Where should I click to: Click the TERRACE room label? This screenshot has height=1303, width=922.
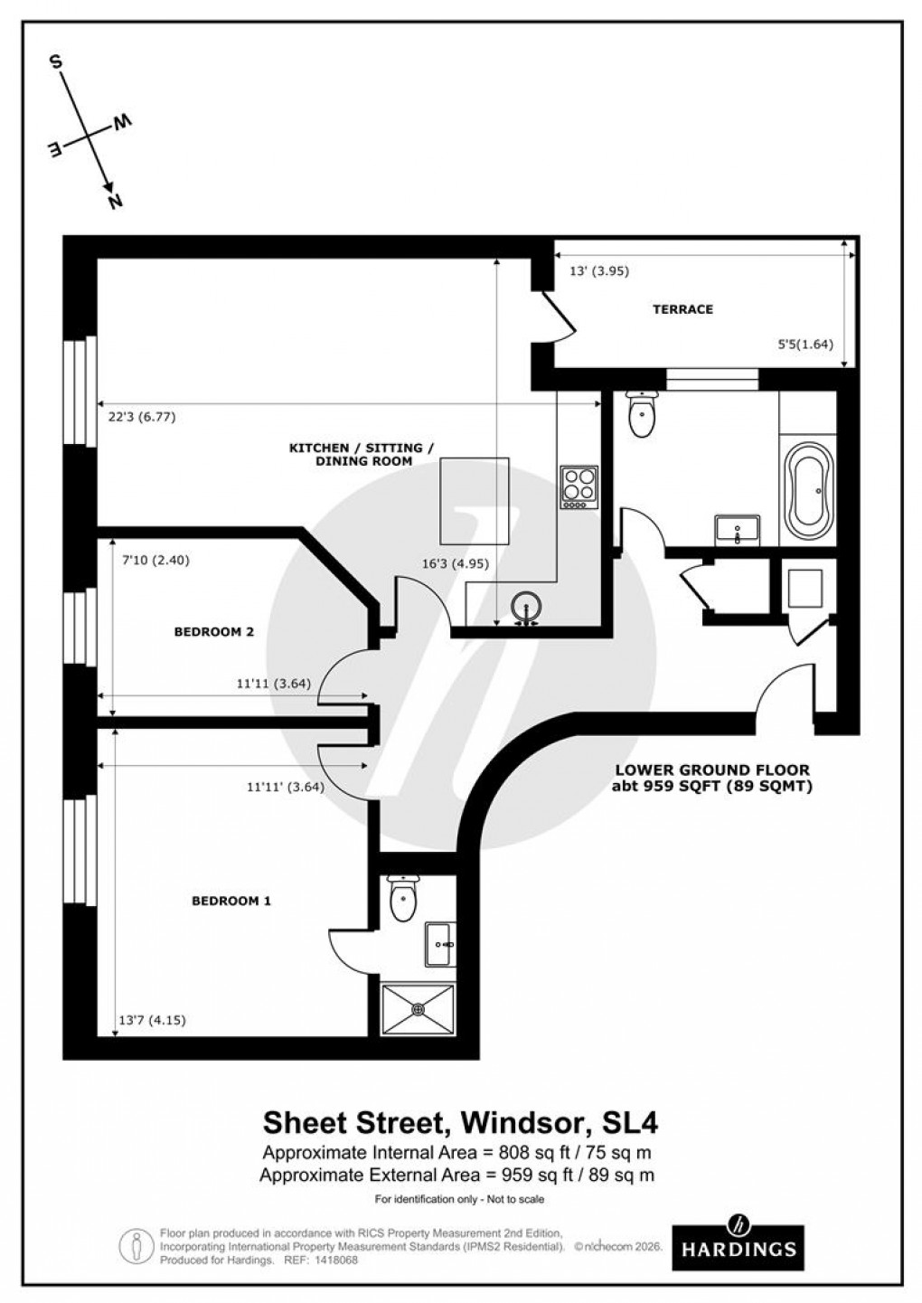click(682, 309)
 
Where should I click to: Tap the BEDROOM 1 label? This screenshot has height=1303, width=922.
click(231, 901)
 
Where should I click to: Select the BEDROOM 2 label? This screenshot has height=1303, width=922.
click(213, 632)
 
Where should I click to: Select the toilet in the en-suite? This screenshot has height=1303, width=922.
click(401, 897)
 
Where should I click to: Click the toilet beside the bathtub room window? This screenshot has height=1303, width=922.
click(642, 416)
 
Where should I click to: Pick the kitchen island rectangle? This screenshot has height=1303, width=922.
click(474, 498)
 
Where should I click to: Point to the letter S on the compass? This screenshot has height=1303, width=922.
click(56, 62)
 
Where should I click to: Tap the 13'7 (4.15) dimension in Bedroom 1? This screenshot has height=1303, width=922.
click(153, 1020)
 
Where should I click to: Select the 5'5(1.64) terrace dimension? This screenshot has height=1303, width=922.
click(804, 344)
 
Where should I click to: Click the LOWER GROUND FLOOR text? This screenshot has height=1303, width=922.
click(712, 770)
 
